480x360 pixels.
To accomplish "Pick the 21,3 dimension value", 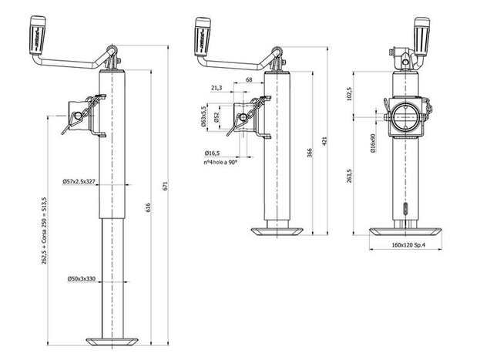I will (216, 89).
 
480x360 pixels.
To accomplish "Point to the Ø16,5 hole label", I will (214, 153).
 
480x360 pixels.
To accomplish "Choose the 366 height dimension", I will (309, 153).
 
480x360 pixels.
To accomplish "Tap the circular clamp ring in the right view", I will (405, 116).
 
